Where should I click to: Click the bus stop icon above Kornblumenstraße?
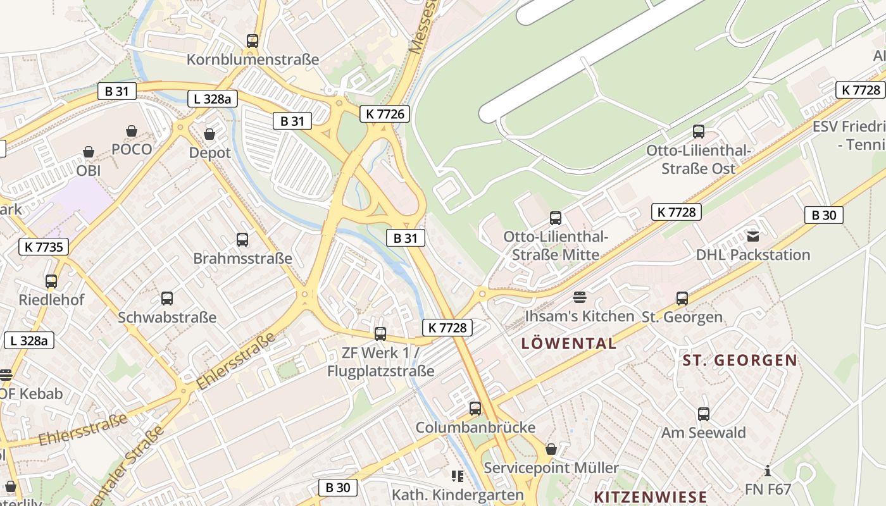pyautogui.click(x=253, y=41)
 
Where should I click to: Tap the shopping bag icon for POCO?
pyautogui.click(x=132, y=131)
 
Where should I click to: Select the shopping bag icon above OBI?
pyautogui.click(x=89, y=152)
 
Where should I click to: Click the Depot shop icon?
pyautogui.click(x=209, y=134)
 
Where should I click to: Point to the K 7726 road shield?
pyautogui.click(x=385, y=114)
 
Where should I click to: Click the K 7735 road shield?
pyautogui.click(x=44, y=247)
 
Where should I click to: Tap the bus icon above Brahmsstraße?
pyautogui.click(x=242, y=240)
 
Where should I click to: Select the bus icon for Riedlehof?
pyautogui.click(x=51, y=281)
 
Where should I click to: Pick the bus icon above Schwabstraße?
pyautogui.click(x=167, y=299)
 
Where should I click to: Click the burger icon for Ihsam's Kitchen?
pyautogui.click(x=580, y=297)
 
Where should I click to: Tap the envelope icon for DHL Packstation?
pyautogui.click(x=753, y=237)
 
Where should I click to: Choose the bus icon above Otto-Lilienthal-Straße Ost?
pyautogui.click(x=699, y=132)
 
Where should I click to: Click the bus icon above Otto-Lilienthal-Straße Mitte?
pyautogui.click(x=556, y=218)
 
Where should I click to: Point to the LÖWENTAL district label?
pyautogui.click(x=568, y=344)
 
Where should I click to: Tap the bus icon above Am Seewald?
pyautogui.click(x=704, y=414)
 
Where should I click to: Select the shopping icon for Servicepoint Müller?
pyautogui.click(x=551, y=449)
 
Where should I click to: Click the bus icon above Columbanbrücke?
pyautogui.click(x=475, y=409)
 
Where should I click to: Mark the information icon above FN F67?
pyautogui.click(x=768, y=471)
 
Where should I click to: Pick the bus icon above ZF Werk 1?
pyautogui.click(x=380, y=333)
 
